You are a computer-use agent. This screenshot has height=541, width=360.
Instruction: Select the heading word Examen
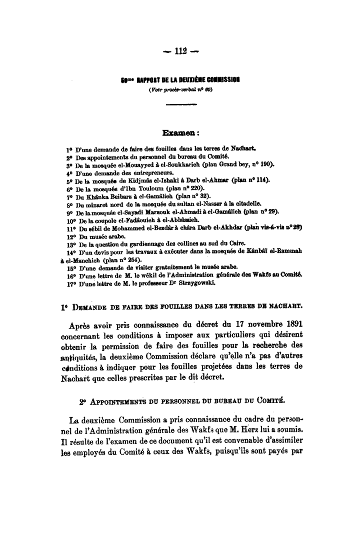click(x=177, y=133)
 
